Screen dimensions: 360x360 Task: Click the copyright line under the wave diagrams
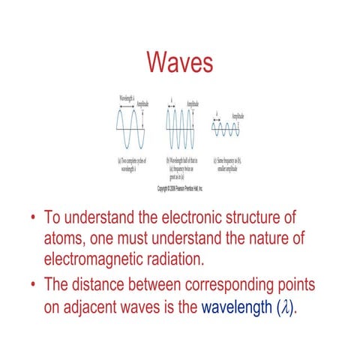180,189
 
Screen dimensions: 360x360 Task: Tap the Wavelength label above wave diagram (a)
127,99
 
